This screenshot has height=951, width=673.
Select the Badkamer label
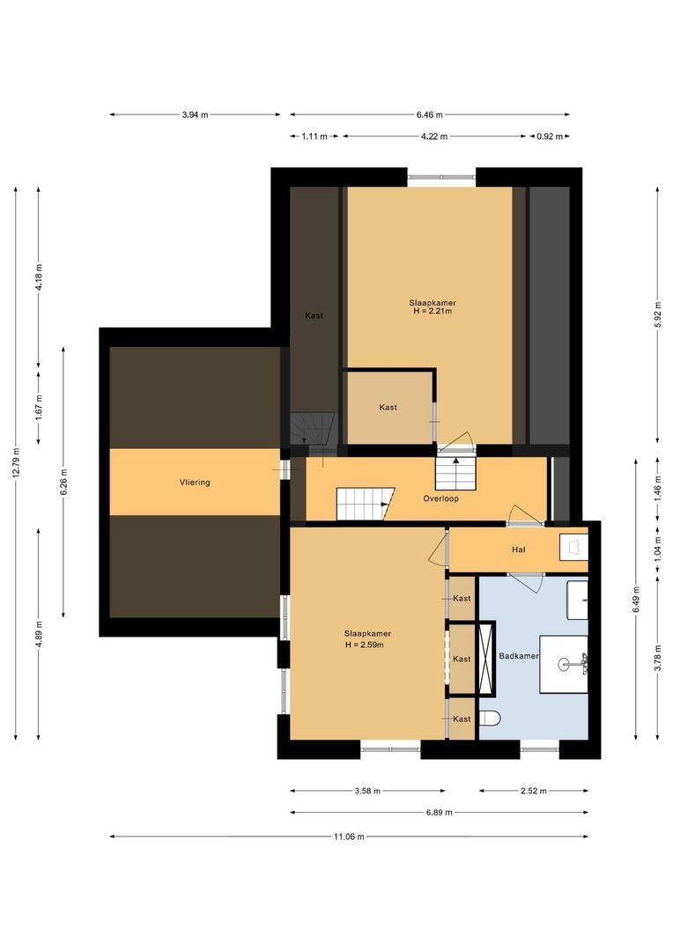tap(518, 656)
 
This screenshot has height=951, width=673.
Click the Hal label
tap(519, 549)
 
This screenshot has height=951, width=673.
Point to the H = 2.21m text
tap(432, 312)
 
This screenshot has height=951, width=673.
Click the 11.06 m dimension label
tap(349, 837)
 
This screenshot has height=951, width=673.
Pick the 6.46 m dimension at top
tap(429, 114)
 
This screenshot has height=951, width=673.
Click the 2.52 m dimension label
tap(533, 791)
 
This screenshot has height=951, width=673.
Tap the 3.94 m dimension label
tap(196, 114)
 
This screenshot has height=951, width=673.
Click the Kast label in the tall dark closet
tap(314, 315)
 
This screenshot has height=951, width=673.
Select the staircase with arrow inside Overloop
tap(364, 504)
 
